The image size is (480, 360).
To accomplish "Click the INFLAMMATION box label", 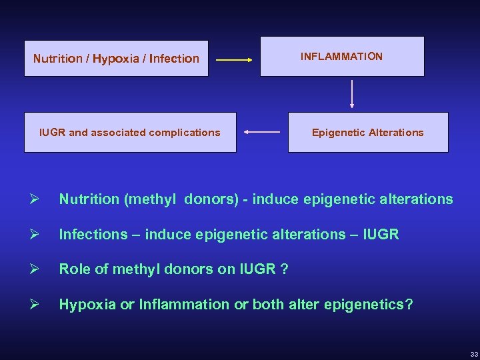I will [x=341, y=57].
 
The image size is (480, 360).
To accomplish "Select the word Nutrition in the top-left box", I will [x=59, y=59].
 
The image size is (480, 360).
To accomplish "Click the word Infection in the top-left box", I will [x=174, y=59].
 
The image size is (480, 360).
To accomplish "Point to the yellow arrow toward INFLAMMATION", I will [x=233, y=60].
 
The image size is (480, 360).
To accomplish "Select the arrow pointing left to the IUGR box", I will [x=261, y=132].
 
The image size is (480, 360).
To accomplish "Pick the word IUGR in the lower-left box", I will [x=53, y=133].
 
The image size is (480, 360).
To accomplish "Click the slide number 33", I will [x=473, y=353].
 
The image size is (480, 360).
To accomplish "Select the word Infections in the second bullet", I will [x=93, y=235].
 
